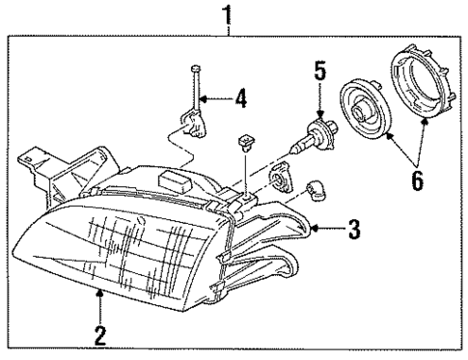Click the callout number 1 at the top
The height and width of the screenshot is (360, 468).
point(229,14)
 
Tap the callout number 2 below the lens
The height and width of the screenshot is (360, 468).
point(99,337)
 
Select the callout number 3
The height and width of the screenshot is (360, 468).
point(354,230)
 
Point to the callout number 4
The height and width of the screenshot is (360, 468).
point(240,97)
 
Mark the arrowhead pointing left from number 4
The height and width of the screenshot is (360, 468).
point(208,97)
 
